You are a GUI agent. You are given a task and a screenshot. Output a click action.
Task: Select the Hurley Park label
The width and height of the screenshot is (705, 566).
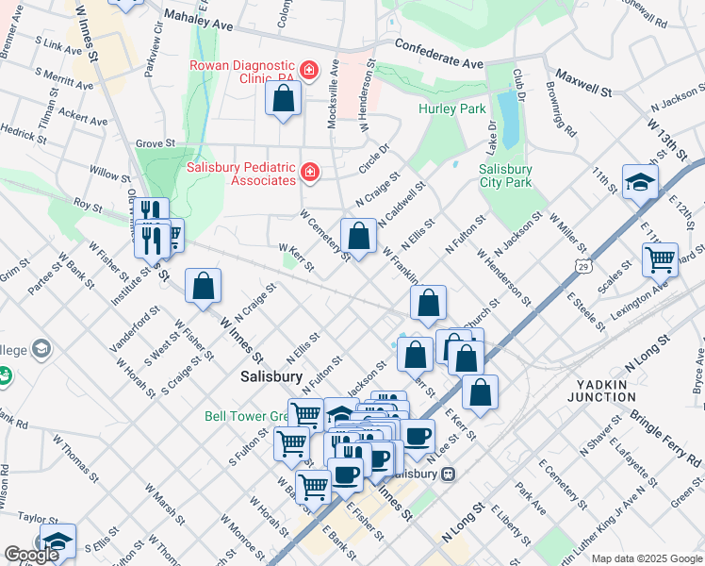pos(451,109)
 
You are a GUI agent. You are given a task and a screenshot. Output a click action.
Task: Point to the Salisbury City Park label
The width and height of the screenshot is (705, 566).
pos(505,176)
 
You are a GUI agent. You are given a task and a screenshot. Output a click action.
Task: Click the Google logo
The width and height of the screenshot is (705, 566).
pos(30,555)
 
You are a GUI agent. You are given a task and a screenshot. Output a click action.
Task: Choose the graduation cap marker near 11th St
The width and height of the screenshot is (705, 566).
pos(640,181)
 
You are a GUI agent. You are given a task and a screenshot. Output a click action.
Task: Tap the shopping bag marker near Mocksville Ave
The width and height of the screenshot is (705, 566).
pos(283,97)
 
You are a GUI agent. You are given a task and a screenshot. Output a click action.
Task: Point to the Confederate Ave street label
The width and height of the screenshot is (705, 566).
pos(438,54)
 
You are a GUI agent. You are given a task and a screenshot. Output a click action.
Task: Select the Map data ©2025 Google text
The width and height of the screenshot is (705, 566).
pos(646,558)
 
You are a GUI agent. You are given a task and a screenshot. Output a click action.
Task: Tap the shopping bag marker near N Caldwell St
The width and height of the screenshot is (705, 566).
pos(358,235)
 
